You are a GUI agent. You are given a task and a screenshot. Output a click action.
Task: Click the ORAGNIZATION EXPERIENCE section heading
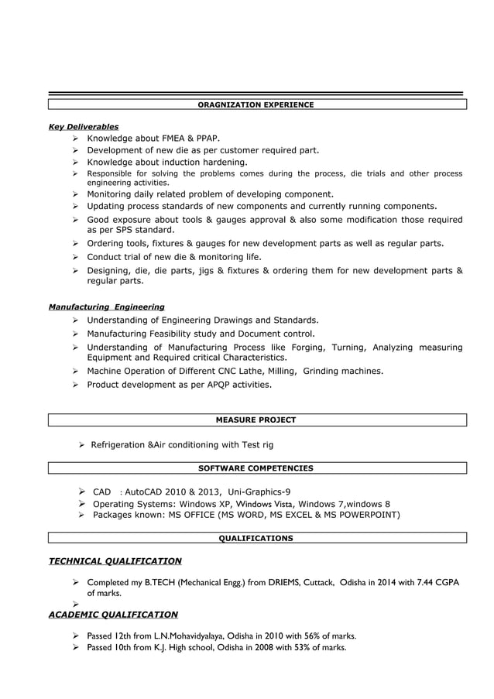256,105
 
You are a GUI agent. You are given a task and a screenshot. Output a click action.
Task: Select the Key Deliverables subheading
84,126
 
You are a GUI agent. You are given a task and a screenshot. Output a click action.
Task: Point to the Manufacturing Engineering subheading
106,307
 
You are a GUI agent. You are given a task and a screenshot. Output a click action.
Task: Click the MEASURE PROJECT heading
256,420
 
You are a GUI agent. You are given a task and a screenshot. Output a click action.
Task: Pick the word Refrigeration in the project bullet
118,445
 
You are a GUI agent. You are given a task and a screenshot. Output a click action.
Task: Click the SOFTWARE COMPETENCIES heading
256,468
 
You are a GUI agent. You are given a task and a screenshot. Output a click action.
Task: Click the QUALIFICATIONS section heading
256,538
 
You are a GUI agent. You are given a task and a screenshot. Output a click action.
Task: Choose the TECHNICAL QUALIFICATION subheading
115,561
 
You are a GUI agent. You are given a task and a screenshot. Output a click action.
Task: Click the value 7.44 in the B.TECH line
422,582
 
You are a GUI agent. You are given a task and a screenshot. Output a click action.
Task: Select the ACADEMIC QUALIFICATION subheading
113,615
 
